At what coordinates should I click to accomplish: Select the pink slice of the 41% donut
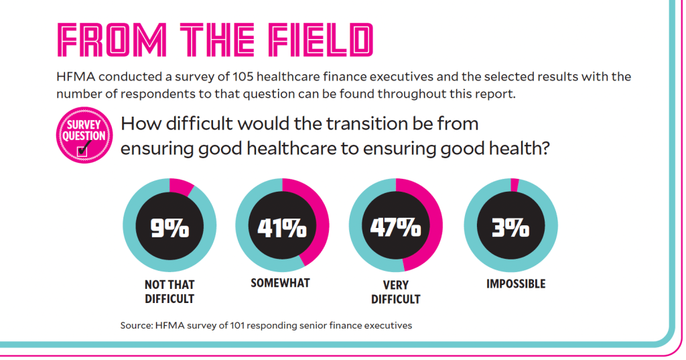point(319,221)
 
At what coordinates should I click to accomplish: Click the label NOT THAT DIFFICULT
point(169,292)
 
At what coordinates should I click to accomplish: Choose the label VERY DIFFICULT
point(395,291)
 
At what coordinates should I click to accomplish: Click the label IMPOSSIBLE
point(516,284)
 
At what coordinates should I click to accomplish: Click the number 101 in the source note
point(236,326)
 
